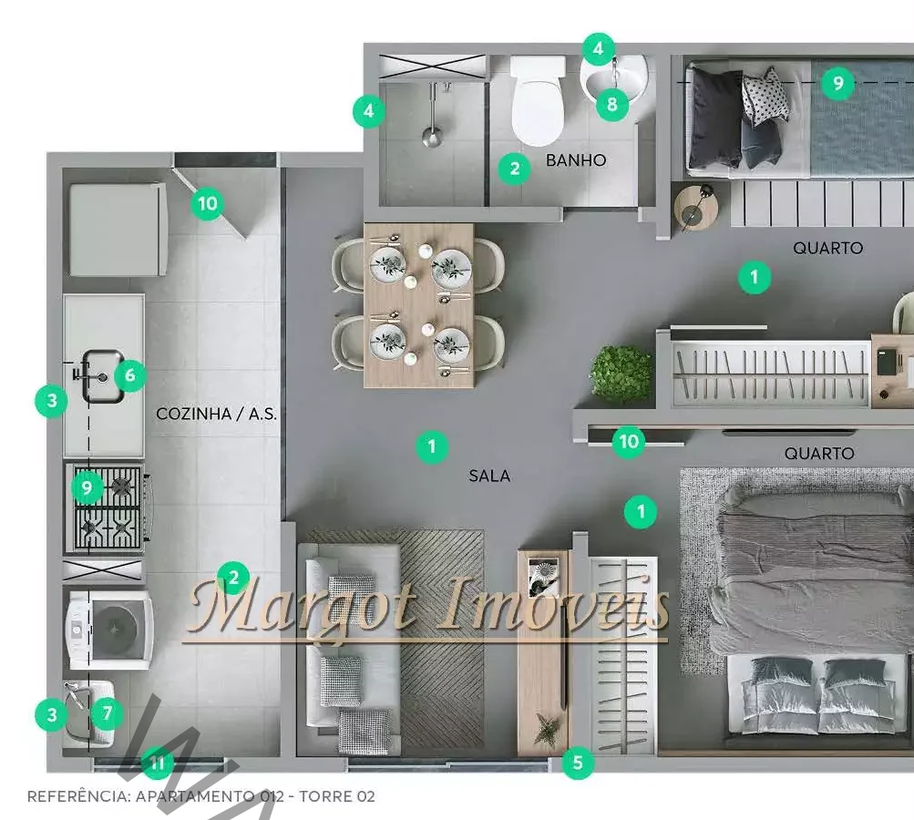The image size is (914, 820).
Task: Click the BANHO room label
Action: tap(576, 160)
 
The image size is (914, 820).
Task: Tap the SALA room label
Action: tap(489, 477)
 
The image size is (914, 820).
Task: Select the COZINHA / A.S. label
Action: tap(216, 414)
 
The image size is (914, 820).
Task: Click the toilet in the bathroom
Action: tap(538, 101)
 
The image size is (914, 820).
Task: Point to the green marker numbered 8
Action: tap(612, 104)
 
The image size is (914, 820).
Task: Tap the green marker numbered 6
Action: tap(130, 374)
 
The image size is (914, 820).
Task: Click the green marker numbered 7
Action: tap(108, 712)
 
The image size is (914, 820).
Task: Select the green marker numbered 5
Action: tap(578, 763)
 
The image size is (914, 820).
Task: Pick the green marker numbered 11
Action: tap(158, 763)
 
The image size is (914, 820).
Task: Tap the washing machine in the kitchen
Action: tap(110, 630)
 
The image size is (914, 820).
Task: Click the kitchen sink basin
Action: tap(102, 376)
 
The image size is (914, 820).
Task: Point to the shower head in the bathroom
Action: tap(432, 136)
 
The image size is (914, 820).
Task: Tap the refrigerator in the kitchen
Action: tap(118, 230)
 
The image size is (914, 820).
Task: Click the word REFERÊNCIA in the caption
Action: tap(79, 796)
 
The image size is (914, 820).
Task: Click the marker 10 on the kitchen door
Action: tap(208, 204)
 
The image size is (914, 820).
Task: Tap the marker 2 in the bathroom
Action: tap(515, 169)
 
